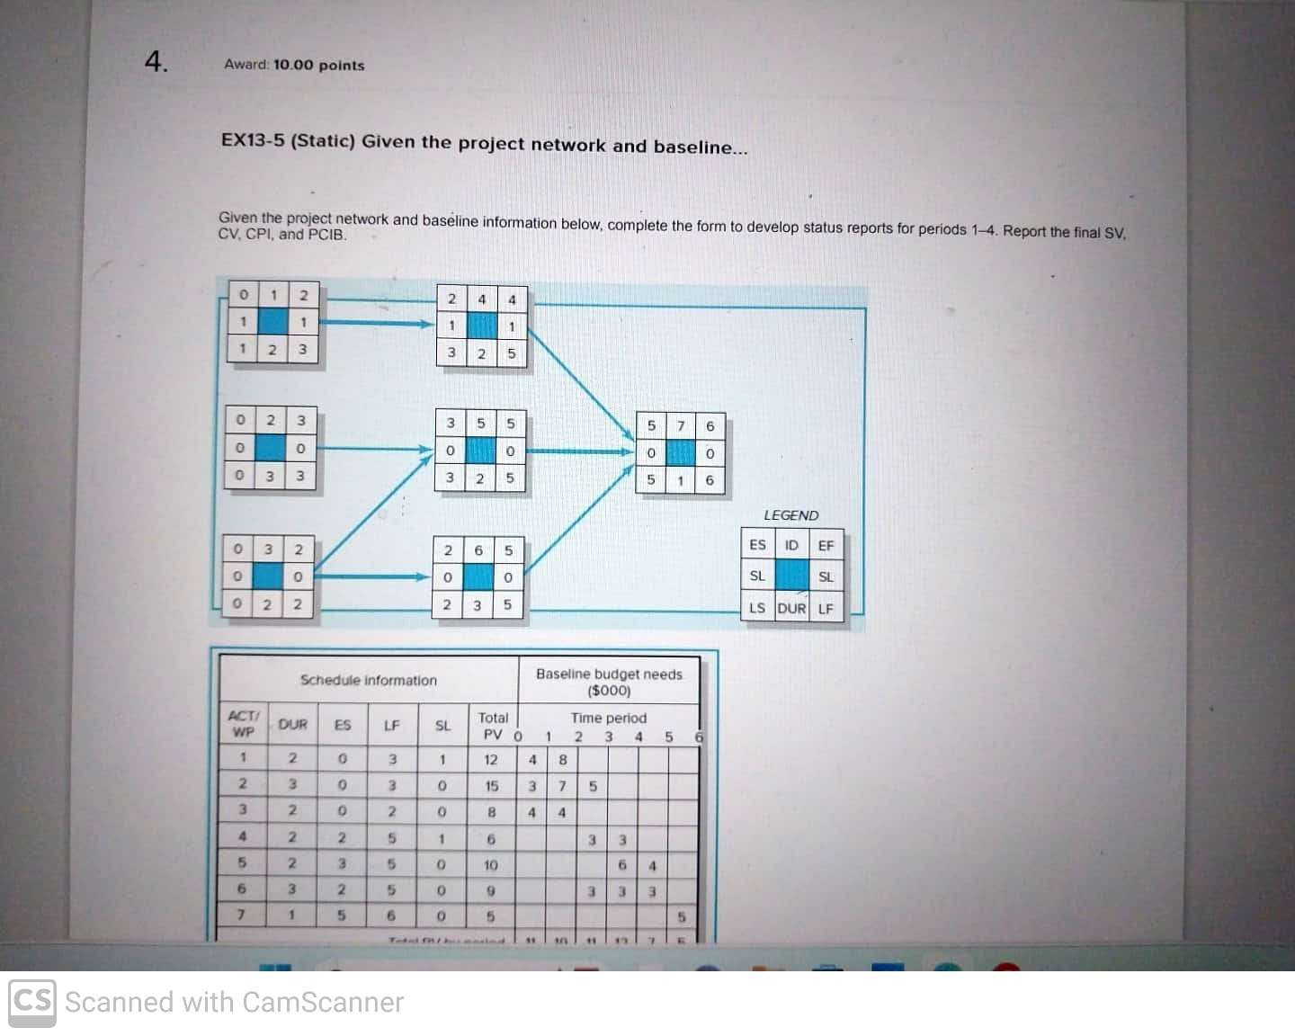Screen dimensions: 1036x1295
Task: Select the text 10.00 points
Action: point(318,65)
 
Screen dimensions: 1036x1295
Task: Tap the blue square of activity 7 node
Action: point(680,453)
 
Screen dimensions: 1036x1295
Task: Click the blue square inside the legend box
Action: point(791,576)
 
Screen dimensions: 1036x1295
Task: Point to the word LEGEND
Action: point(790,515)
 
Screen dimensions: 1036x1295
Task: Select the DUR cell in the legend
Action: point(791,608)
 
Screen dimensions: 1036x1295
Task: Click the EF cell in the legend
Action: point(826,545)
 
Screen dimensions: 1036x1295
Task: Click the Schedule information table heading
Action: point(368,680)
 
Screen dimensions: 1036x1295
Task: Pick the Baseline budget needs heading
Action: point(609,674)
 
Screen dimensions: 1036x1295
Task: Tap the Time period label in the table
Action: point(608,718)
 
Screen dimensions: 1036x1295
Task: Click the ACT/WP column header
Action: point(243,723)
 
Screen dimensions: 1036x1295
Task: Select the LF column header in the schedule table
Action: point(391,725)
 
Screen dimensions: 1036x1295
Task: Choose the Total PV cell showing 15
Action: point(491,786)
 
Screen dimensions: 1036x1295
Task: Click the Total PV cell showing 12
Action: point(491,760)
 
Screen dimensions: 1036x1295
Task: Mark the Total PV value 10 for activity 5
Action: point(491,865)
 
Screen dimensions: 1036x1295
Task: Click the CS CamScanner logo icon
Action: point(32,1001)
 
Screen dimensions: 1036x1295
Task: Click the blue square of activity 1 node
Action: point(272,321)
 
